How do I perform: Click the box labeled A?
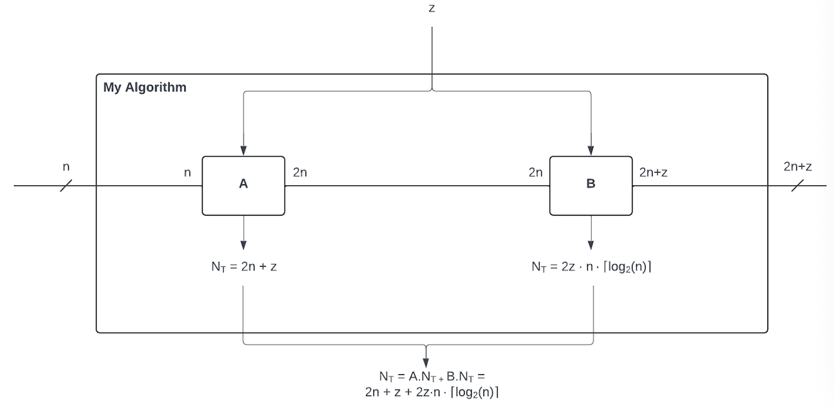pyautogui.click(x=244, y=185)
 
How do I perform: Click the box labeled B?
pyautogui.click(x=590, y=185)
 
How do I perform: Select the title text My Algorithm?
pyautogui.click(x=145, y=87)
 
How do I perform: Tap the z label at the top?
pyautogui.click(x=431, y=8)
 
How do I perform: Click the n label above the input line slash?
pyautogui.click(x=66, y=167)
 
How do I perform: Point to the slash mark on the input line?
pyautogui.click(x=66, y=186)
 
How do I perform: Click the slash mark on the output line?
pyautogui.click(x=798, y=186)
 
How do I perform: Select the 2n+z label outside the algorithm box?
pyautogui.click(x=798, y=167)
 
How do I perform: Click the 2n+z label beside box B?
pyautogui.click(x=654, y=173)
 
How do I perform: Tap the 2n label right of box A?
pyautogui.click(x=300, y=173)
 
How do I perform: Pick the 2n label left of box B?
pyautogui.click(x=536, y=173)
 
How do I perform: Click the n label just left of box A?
pyautogui.click(x=187, y=173)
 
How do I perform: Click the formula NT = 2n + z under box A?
pyautogui.click(x=244, y=267)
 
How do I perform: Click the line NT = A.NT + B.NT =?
pyautogui.click(x=431, y=377)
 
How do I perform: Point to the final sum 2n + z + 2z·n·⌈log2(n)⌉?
pyautogui.click(x=431, y=393)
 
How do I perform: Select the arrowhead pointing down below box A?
pyautogui.click(x=244, y=245)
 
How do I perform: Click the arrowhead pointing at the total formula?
pyautogui.click(x=426, y=362)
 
